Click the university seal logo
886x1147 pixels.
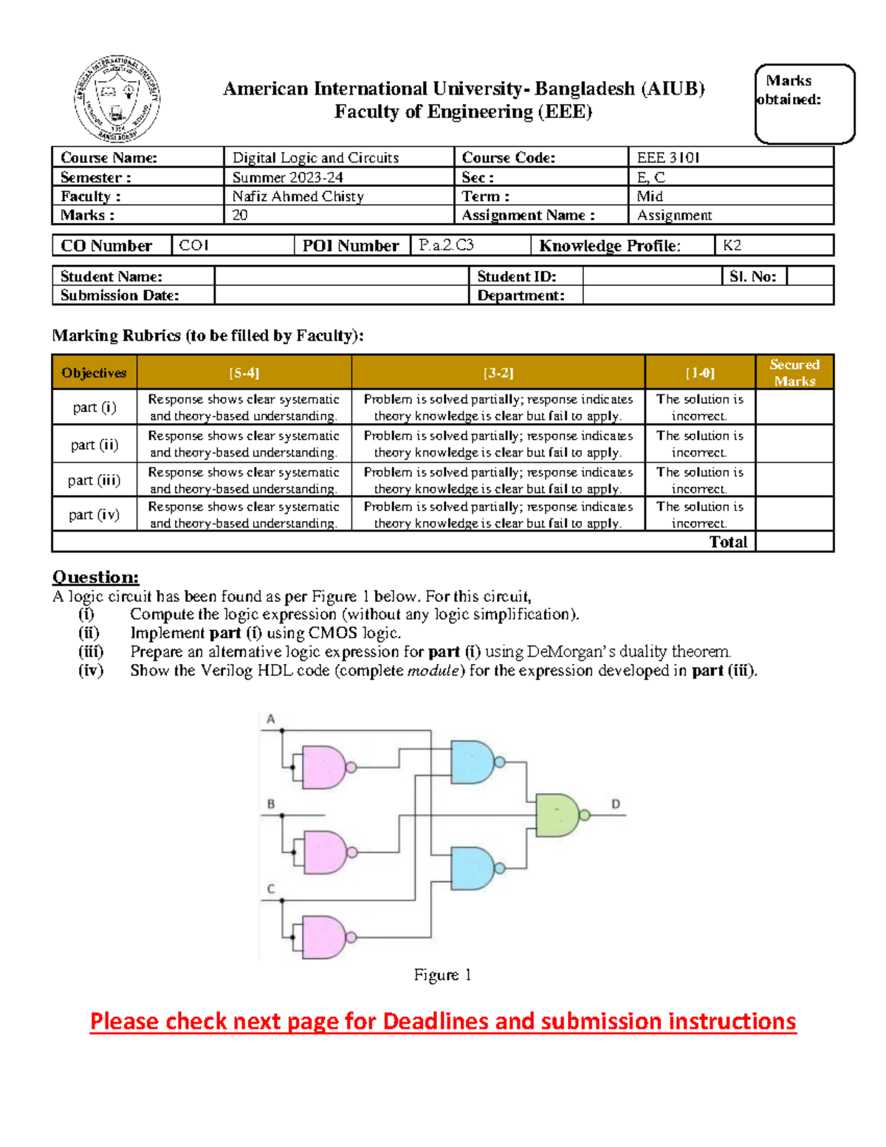pyautogui.click(x=117, y=99)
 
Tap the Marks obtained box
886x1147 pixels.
pyautogui.click(x=804, y=103)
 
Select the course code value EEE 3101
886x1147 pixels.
pyautogui.click(x=668, y=157)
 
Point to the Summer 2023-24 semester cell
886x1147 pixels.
pyautogui.click(x=287, y=177)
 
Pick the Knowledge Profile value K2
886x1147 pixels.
pyautogui.click(x=732, y=245)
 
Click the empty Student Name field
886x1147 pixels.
pyautogui.click(x=341, y=276)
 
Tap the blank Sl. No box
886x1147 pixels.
pyautogui.click(x=809, y=276)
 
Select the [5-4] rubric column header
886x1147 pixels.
pyautogui.click(x=244, y=373)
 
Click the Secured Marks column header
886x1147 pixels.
pyautogui.click(x=794, y=372)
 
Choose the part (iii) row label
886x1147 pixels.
pyautogui.click(x=94, y=480)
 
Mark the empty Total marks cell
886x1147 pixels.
pyautogui.click(x=794, y=541)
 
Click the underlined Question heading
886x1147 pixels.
pyautogui.click(x=95, y=577)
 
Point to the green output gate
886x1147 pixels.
pyautogui.click(x=558, y=815)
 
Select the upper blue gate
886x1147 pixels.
pyautogui.click(x=472, y=761)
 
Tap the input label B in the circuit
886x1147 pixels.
pyautogui.click(x=271, y=804)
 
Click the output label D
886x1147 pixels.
pyautogui.click(x=616, y=804)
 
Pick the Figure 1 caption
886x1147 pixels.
pyautogui.click(x=442, y=975)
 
